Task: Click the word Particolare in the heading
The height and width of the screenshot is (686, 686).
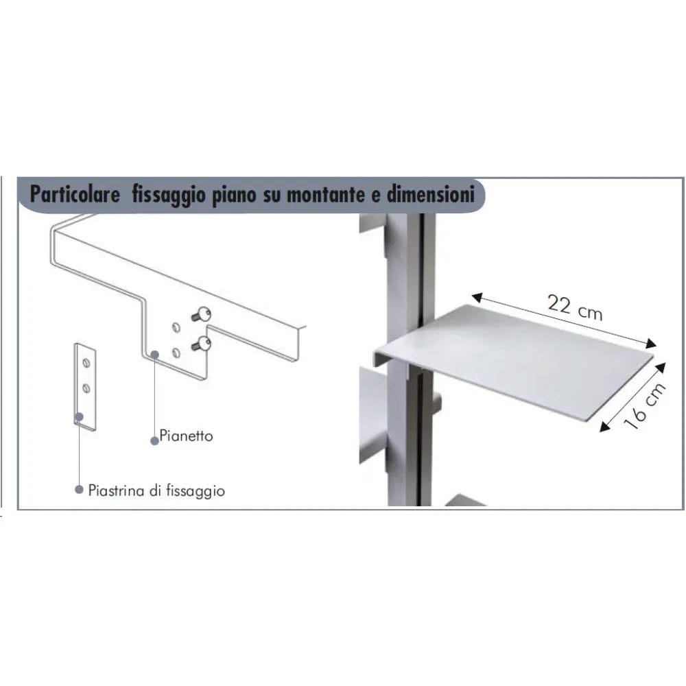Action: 75,194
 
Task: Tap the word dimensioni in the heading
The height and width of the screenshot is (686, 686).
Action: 431,194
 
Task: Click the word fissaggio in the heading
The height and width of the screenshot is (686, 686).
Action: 169,195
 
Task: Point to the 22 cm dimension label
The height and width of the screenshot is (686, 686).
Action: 575,307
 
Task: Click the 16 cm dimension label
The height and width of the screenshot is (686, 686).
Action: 644,405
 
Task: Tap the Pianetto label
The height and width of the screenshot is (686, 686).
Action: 186,436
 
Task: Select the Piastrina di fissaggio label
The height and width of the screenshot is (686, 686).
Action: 156,490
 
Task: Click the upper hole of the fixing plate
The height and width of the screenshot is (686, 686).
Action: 86,363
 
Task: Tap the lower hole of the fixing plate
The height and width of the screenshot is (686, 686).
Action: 86,388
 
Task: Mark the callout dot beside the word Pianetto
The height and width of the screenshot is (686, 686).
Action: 154,441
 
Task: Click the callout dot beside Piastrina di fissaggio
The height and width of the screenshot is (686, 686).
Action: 79,489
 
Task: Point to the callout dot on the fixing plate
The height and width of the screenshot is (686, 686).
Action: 79,417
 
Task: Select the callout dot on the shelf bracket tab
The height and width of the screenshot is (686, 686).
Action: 154,355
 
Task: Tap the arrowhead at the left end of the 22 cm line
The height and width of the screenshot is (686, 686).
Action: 477,298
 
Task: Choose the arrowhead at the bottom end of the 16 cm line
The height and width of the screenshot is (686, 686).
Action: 605,427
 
